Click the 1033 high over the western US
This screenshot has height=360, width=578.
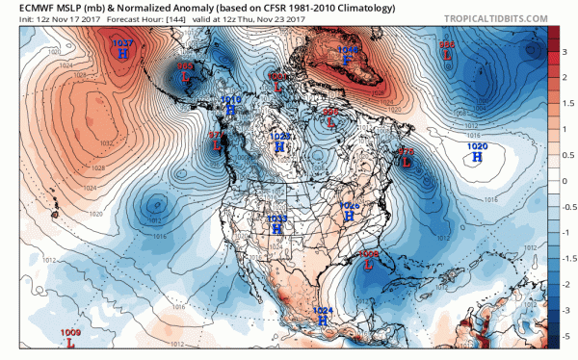[x=276, y=230]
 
